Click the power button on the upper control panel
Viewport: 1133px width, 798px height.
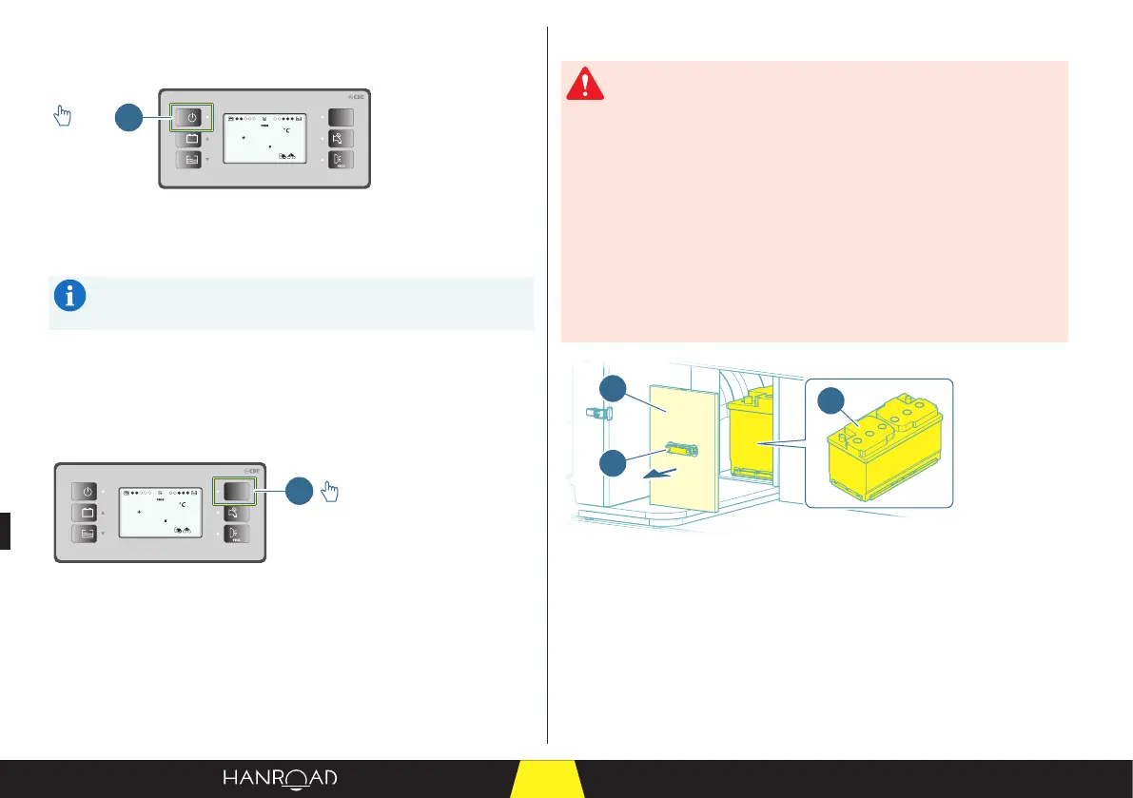coord(192,117)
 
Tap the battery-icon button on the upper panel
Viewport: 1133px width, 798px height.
coord(192,140)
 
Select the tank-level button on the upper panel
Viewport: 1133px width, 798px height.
coord(192,162)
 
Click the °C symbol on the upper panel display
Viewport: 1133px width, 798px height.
coord(284,129)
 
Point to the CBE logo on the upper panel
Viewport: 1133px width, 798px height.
coord(357,97)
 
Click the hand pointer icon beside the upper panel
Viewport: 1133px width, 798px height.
coord(62,116)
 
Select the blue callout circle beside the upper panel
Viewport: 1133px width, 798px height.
coord(128,118)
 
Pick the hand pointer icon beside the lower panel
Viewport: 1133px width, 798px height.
coord(332,491)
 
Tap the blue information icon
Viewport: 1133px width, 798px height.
coord(68,297)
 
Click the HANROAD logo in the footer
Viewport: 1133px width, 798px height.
coord(280,778)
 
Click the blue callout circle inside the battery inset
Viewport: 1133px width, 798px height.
coord(833,400)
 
